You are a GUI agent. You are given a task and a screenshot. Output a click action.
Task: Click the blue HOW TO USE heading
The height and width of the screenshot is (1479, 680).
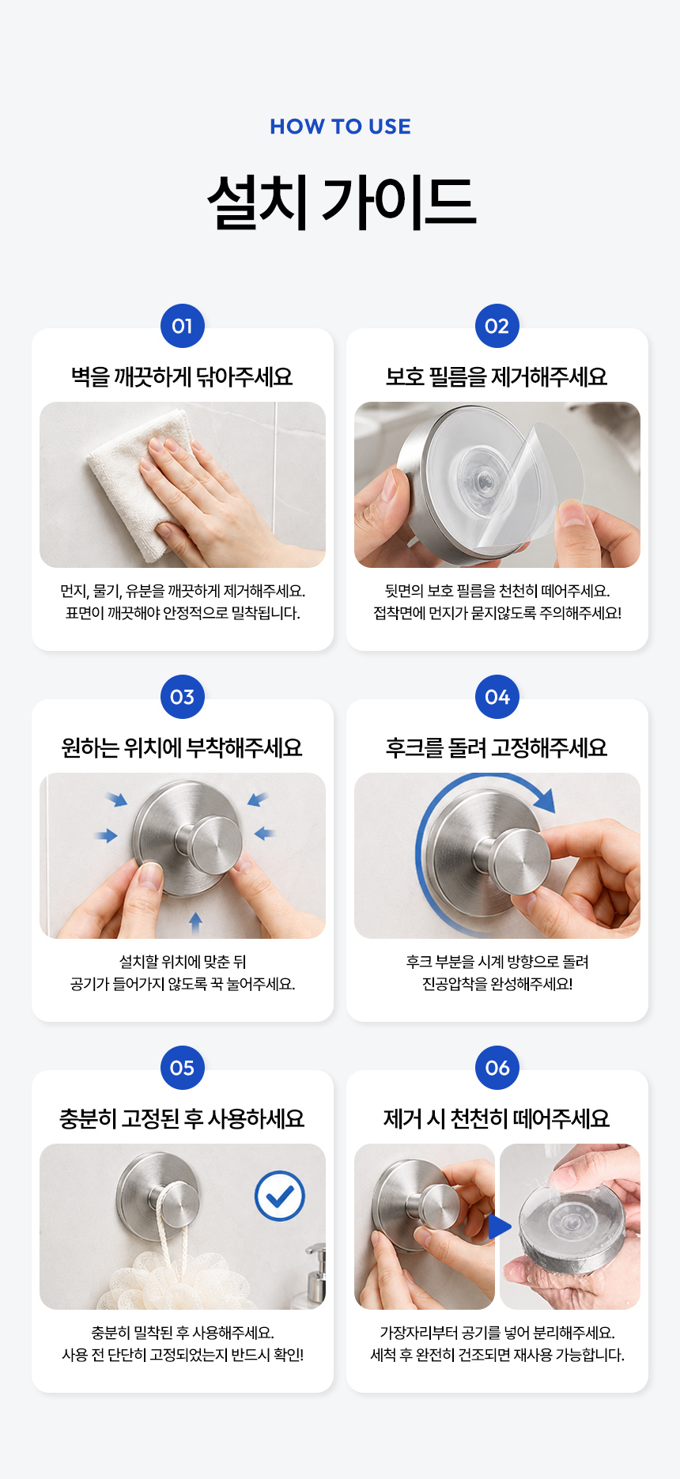(340, 127)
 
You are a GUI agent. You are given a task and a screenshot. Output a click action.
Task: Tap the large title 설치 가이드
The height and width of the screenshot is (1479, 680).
(342, 202)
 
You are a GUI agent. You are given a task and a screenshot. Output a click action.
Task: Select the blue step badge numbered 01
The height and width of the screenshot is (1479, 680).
(183, 326)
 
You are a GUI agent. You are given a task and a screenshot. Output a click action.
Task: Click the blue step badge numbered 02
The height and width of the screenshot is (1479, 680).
(497, 326)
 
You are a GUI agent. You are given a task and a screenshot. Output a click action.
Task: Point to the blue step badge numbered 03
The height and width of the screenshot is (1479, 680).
(183, 697)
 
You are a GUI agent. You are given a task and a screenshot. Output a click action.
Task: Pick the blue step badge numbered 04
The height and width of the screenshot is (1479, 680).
(497, 697)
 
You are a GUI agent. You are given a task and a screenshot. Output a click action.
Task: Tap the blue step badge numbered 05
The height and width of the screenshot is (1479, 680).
(183, 1068)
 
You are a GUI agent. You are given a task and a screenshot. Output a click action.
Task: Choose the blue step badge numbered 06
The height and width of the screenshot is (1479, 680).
(497, 1068)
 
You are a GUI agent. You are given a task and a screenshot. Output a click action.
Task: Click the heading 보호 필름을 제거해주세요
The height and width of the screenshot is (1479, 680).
(497, 376)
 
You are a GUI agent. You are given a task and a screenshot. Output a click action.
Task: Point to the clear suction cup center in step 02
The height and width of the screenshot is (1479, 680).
(482, 478)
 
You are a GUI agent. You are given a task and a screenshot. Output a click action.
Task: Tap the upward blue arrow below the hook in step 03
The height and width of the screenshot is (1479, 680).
(195, 921)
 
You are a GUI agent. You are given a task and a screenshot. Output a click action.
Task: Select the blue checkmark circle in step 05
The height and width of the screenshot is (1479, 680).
(280, 1196)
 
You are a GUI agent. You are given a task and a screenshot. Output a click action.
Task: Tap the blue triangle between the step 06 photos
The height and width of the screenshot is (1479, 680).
(500, 1227)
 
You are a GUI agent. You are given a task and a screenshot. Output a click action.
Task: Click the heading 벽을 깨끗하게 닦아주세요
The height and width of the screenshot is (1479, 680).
(182, 376)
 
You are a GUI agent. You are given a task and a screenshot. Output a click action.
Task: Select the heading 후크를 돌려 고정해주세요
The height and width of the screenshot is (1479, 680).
(497, 747)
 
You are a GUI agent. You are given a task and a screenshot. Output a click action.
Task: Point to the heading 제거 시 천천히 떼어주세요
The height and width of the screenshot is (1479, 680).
(497, 1118)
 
